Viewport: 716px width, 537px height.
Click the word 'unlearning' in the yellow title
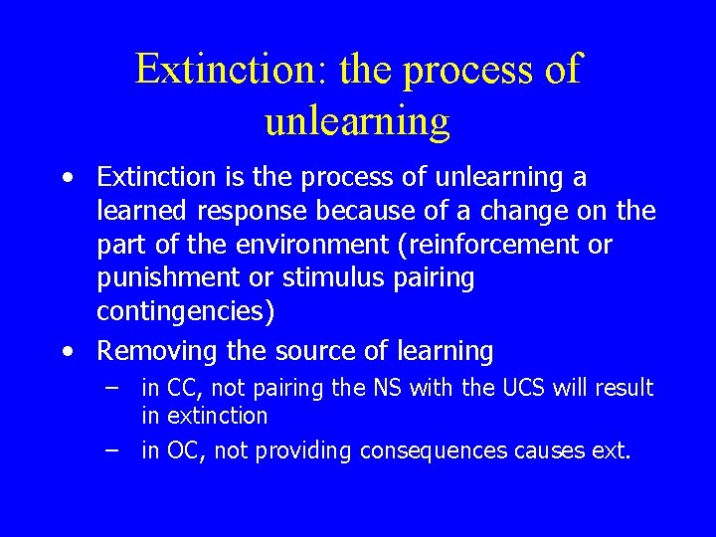(357, 120)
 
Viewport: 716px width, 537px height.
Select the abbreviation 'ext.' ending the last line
(612, 450)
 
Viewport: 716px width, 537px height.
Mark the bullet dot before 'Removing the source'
(66, 351)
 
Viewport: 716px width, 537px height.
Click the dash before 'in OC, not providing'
(113, 450)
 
